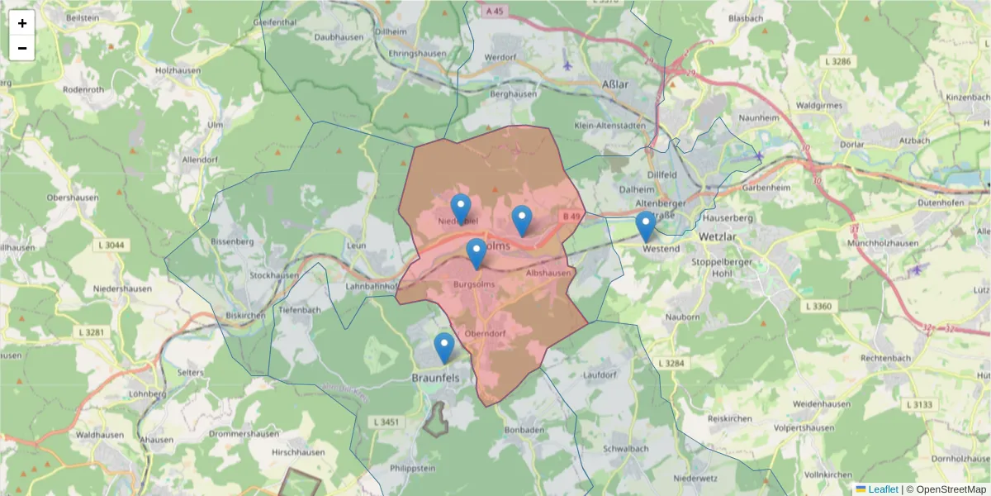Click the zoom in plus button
(22, 23)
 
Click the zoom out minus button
(22, 48)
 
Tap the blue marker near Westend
(646, 226)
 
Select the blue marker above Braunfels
(444, 347)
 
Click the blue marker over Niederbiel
(461, 208)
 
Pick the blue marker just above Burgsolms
(477, 253)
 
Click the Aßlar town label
(615, 85)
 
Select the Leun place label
(357, 246)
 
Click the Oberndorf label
(485, 334)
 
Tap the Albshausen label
(548, 273)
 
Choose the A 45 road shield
(495, 11)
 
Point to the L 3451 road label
(386, 422)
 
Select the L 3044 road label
(111, 245)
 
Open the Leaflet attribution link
(882, 489)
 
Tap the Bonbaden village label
(524, 431)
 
